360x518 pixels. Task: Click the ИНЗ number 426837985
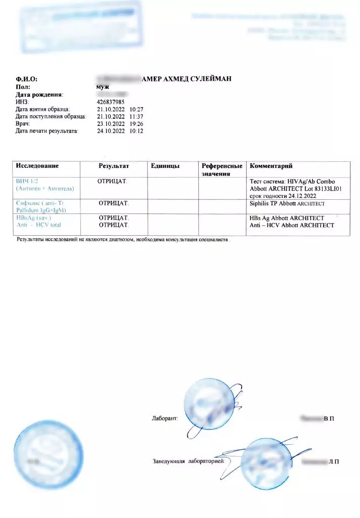click(110, 102)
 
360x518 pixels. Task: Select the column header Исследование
click(37, 166)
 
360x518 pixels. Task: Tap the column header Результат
click(114, 166)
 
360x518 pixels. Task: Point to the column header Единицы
click(165, 166)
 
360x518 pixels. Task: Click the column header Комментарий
click(271, 166)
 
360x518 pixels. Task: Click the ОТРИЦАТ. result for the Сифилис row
click(114, 203)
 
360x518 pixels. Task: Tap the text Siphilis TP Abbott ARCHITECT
click(287, 203)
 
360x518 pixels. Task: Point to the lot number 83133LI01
click(325, 188)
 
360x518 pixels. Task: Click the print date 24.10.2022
click(110, 131)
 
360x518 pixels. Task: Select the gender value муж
click(103, 87)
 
